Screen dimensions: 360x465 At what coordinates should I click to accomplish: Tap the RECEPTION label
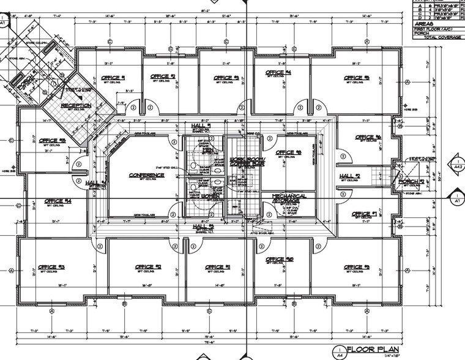click(x=76, y=105)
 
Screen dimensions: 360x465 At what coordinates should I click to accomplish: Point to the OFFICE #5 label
click(x=357, y=78)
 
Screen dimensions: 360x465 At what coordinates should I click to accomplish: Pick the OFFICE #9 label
click(x=356, y=267)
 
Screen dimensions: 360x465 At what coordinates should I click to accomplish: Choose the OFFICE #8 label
click(x=288, y=152)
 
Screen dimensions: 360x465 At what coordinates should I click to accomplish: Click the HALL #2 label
click(x=350, y=176)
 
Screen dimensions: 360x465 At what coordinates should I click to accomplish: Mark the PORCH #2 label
click(x=412, y=182)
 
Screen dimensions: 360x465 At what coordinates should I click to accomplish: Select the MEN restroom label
click(x=207, y=149)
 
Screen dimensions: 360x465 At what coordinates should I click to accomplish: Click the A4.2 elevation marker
click(x=456, y=165)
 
